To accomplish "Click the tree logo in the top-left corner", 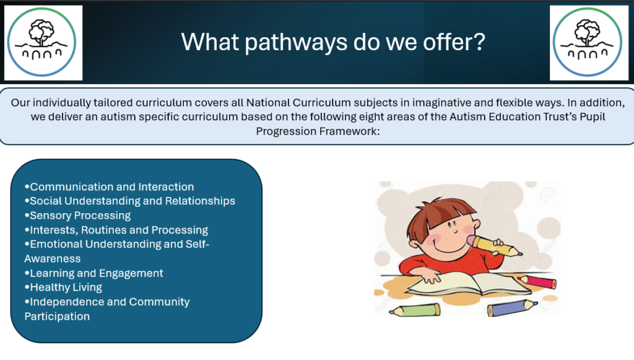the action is (41, 42).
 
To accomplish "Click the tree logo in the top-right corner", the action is (588, 42).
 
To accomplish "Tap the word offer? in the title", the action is (454, 42).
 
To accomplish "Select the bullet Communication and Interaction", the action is (109, 187).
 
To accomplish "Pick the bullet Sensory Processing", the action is (77, 216).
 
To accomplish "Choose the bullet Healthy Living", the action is (63, 288).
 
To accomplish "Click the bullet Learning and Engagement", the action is (94, 273).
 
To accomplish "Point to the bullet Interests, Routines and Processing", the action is (116, 230).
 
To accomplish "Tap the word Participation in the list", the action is (57, 316).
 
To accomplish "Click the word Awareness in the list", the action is (53, 259).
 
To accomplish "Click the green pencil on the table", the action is (414, 310).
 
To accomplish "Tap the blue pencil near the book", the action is (512, 307).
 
